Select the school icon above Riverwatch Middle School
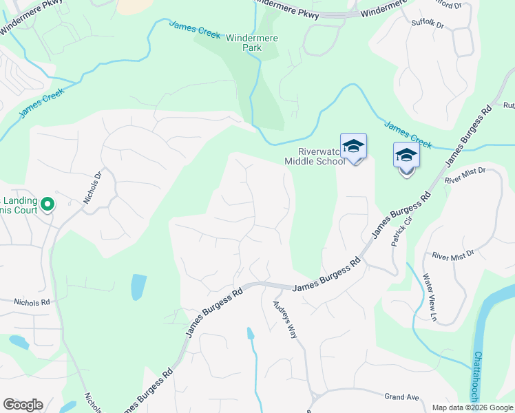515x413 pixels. click(353, 146)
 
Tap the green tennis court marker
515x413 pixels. click(48, 204)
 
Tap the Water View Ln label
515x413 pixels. click(429, 297)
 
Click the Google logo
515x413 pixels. click(23, 405)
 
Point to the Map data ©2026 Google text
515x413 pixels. click(472, 407)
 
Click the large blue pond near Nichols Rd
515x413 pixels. click(138, 286)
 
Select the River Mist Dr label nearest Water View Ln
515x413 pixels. click(453, 255)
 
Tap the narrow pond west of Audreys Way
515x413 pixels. click(251, 335)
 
